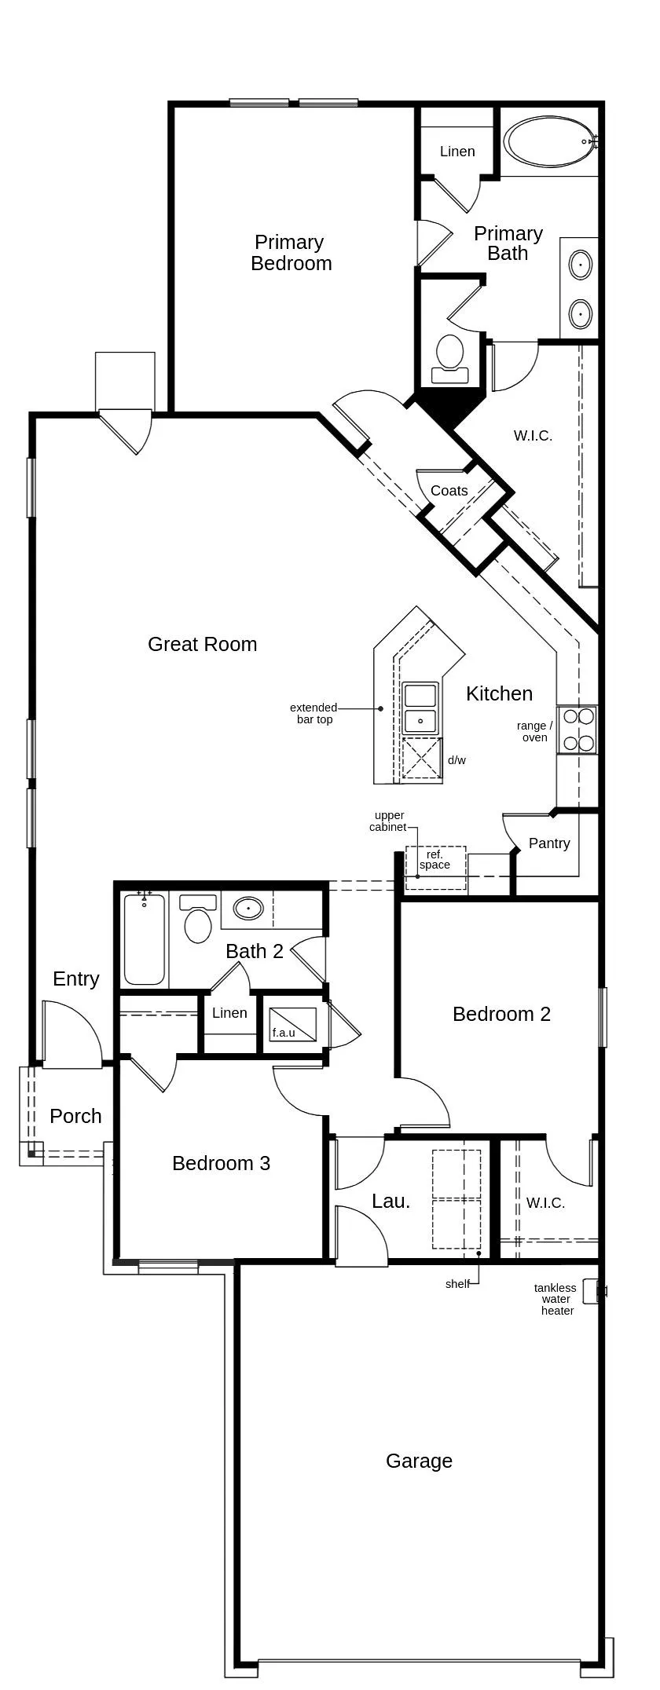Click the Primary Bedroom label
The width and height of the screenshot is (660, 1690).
coord(291,252)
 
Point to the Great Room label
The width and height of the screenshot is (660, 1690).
coord(203,644)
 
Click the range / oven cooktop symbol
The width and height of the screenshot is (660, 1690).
coord(577,730)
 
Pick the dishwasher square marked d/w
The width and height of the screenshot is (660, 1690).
coord(422,759)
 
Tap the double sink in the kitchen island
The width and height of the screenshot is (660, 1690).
coord(420,708)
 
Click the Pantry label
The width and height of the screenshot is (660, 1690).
coord(549,843)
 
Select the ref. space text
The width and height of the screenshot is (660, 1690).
coord(434,859)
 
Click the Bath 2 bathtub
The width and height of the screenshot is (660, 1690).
coord(145,938)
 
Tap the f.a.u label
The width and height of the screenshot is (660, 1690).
coord(284,1033)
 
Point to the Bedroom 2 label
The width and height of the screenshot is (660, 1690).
coord(501,1014)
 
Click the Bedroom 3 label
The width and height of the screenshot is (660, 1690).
coord(221,1163)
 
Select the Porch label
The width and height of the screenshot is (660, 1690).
coord(75,1116)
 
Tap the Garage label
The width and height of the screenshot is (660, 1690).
coord(419,1461)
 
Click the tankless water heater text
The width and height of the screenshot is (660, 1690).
coord(555,1299)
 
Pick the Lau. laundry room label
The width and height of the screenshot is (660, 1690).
coord(390,1201)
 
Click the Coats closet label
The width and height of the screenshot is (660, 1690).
coord(449,490)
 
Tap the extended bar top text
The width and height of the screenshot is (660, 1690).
coord(313,713)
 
